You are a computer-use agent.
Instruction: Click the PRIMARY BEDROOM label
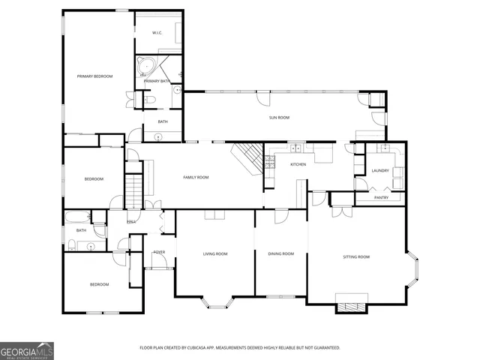(x=94, y=76)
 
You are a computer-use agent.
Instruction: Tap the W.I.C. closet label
(x=157, y=33)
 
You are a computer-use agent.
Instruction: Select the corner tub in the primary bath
(x=145, y=67)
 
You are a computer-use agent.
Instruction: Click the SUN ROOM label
(x=279, y=118)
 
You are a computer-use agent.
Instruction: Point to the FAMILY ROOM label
(x=196, y=177)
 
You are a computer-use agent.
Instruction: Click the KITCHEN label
(x=298, y=163)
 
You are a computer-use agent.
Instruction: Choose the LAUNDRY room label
(x=380, y=171)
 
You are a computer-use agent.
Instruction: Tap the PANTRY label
(x=380, y=198)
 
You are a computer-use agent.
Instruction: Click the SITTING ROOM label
(x=356, y=257)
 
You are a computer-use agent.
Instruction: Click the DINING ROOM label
(x=281, y=254)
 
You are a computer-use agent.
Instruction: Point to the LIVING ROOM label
(x=215, y=254)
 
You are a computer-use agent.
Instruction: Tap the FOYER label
(x=159, y=252)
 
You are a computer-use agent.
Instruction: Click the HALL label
(x=130, y=222)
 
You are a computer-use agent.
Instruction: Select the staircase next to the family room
(x=133, y=190)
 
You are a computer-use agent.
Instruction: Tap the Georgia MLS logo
(x=27, y=350)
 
